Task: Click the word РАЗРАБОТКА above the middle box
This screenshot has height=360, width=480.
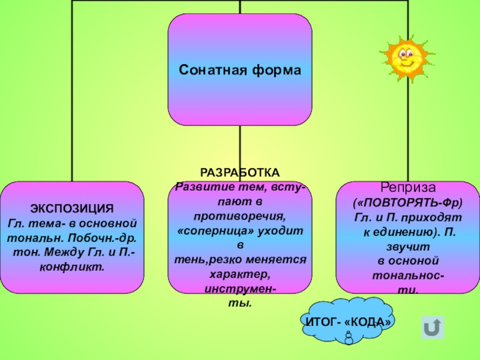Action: [239, 172]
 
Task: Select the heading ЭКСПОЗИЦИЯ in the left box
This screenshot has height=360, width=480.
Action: [72, 209]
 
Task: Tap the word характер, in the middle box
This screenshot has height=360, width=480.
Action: [240, 275]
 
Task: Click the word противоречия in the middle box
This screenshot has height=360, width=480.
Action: [240, 215]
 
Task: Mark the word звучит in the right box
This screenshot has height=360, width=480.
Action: [407, 247]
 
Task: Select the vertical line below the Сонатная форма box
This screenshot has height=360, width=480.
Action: [240, 153]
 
